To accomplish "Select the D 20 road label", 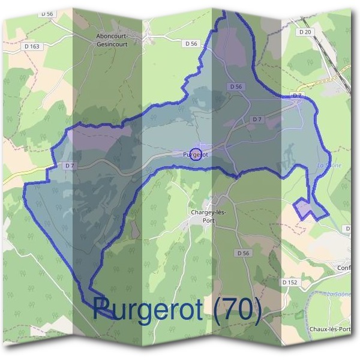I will coord(306,32).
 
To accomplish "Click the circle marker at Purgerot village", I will coord(195,154).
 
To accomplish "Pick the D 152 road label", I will coord(289,281).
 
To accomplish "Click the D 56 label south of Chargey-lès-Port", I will coord(242,253).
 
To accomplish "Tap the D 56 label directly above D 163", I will coord(47,13).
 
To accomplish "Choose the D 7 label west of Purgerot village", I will coord(69,166).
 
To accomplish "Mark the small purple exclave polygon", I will coord(307,209).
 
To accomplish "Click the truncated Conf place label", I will coord(344,268).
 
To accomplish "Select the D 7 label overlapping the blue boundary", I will coord(296,95).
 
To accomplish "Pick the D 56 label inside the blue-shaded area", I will coord(236,87).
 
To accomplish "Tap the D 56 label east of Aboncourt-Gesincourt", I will coord(191,43).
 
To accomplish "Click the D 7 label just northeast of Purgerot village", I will coord(257,119).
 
